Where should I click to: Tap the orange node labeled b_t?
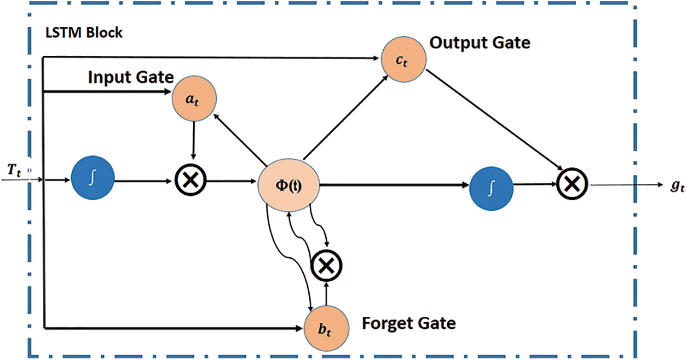pyautogui.click(x=326, y=330)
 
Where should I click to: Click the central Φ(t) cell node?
pyautogui.click(x=288, y=184)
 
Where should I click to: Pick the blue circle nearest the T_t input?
pyautogui.click(x=93, y=179)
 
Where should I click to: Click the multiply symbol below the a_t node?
pyautogui.click(x=189, y=179)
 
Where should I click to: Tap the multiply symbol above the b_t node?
pyautogui.click(x=326, y=265)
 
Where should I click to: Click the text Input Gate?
pyautogui.click(x=131, y=77)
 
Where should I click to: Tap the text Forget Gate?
pyautogui.click(x=408, y=323)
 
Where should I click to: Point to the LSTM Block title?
pyautogui.click(x=84, y=33)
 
